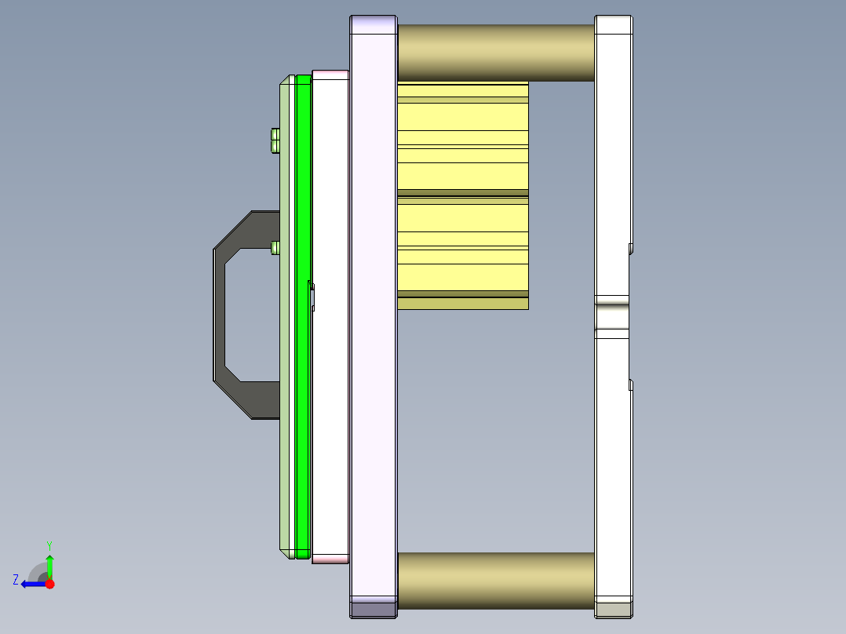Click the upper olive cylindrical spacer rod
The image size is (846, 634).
[x=496, y=53]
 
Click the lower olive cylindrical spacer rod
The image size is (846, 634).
[x=496, y=581]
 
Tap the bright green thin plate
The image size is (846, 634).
[x=303, y=317]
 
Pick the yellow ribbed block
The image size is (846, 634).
[x=463, y=195]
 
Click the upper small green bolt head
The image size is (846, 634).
[x=275, y=140]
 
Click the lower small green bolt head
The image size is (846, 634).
[x=275, y=248]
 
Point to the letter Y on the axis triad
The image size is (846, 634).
[x=49, y=546]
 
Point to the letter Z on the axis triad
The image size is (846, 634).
[x=16, y=580]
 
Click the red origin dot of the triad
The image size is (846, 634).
[x=49, y=584]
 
